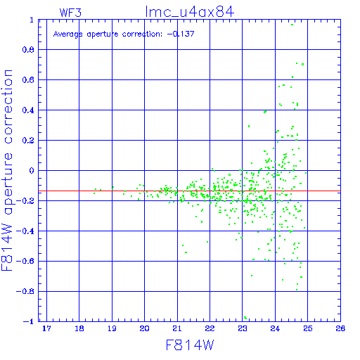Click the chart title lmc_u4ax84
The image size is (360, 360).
(190, 12)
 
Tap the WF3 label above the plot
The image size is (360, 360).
(70, 13)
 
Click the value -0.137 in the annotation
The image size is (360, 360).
(181, 34)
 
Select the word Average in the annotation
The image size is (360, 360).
(68, 34)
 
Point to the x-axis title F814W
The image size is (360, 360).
(190, 345)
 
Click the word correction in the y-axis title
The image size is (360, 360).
(8, 107)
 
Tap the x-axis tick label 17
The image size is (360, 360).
(46, 328)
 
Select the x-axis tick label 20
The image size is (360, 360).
(144, 328)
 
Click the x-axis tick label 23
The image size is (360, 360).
(243, 328)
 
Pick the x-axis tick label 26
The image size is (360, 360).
(340, 328)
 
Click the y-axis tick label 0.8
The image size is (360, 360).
(28, 50)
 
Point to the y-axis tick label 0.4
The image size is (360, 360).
(28, 110)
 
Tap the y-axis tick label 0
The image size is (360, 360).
(32, 170)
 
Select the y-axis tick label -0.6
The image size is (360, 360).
(25, 261)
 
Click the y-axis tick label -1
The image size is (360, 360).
(29, 321)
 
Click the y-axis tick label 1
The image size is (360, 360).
(32, 20)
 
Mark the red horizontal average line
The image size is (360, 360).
(189, 191)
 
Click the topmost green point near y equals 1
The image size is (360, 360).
(292, 25)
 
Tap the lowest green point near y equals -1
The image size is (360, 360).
(245, 318)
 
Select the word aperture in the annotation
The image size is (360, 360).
(103, 34)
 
